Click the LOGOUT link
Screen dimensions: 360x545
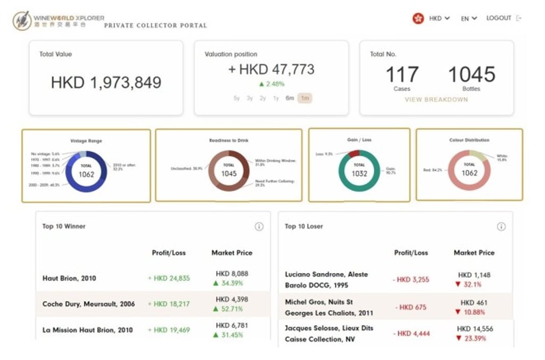point(498,18)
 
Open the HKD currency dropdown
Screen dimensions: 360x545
point(439,18)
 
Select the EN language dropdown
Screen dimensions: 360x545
point(468,18)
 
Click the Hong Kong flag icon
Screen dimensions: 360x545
point(418,18)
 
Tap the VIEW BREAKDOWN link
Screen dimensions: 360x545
point(436,100)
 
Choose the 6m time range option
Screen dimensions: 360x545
point(290,98)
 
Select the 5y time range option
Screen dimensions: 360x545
point(237,98)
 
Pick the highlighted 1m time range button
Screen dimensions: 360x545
point(305,98)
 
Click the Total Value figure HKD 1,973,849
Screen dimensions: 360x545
point(106,83)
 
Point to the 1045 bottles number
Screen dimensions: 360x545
point(472,75)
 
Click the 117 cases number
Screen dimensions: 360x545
point(402,75)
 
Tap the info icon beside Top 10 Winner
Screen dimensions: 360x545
point(259,226)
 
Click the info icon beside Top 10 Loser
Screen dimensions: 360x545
point(501,226)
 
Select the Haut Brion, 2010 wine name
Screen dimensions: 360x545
point(69,278)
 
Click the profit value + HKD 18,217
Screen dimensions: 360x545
point(169,304)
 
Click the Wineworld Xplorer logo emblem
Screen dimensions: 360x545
point(22,20)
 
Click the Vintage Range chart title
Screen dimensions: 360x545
point(86,141)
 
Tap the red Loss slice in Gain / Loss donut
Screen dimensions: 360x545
point(353,154)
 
